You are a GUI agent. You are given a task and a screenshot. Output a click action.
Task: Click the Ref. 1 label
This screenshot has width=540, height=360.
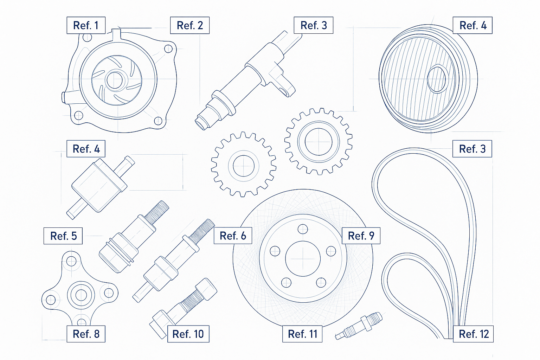pyautogui.click(x=86, y=25)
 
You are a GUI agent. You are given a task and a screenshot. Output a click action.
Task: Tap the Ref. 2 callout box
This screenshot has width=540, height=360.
pyautogui.click(x=190, y=25)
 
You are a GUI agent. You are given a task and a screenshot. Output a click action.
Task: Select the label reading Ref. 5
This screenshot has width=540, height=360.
pyautogui.click(x=63, y=236)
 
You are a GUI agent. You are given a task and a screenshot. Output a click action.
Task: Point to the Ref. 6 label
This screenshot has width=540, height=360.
pyautogui.click(x=233, y=236)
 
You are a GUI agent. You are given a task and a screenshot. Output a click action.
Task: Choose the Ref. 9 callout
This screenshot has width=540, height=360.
pyautogui.click(x=361, y=236)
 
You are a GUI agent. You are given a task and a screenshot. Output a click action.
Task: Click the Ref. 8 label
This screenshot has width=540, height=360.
pyautogui.click(x=86, y=334)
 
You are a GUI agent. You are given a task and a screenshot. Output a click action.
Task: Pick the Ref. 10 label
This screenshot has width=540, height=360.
pyautogui.click(x=188, y=334)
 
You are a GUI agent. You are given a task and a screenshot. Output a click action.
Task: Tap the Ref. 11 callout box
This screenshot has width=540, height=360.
pyautogui.click(x=302, y=334)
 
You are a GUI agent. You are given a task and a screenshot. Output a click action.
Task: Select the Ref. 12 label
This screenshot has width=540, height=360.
pyautogui.click(x=474, y=334)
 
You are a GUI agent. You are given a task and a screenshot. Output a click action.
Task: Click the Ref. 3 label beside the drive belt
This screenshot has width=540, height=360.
pyautogui.click(x=472, y=149)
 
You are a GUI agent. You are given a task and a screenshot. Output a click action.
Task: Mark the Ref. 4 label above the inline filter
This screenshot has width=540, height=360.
pyautogui.click(x=86, y=149)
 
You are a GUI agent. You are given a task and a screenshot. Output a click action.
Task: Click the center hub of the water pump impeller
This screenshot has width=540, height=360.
pyautogui.click(x=115, y=80)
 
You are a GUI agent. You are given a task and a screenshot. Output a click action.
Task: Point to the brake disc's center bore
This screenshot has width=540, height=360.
pyautogui.click(x=303, y=259)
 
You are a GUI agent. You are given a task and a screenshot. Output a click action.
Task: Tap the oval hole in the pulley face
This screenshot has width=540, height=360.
pyautogui.click(x=437, y=79)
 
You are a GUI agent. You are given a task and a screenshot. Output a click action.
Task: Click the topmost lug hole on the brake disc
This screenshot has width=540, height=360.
pyautogui.click(x=303, y=229)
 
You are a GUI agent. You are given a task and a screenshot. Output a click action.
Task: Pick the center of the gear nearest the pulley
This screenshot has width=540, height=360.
pyautogui.click(x=319, y=142)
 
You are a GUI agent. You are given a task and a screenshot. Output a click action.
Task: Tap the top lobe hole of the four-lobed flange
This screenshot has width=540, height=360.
pyautogui.click(x=71, y=261)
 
